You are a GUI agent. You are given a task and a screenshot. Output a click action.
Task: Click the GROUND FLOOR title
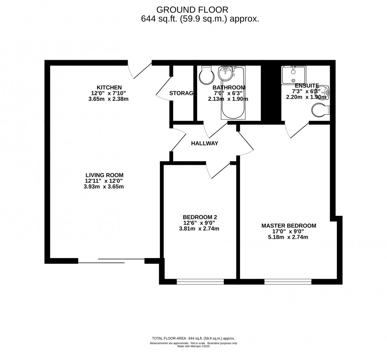(192, 9)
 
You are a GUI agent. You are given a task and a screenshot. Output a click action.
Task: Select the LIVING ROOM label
(104, 175)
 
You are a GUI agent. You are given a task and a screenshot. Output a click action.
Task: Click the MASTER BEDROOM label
(289, 226)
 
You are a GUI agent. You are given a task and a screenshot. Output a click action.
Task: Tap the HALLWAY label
(205, 143)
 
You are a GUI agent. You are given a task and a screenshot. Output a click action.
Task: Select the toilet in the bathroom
(206, 75)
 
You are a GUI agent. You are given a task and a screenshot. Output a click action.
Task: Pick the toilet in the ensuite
(320, 111)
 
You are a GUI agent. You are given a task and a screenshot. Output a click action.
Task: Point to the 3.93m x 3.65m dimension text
(104, 187)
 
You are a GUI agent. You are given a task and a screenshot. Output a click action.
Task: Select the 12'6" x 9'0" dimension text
(199, 223)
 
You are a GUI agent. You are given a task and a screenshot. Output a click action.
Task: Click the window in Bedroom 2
(200, 282)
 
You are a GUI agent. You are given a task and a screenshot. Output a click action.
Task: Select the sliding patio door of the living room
(111, 260)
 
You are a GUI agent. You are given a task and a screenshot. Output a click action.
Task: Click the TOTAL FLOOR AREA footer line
(193, 338)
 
